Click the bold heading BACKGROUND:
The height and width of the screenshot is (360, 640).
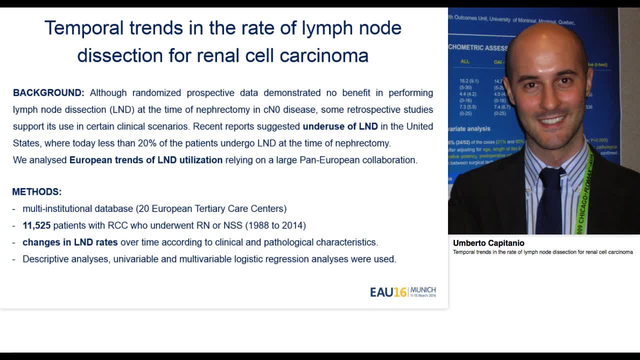click(x=48, y=93)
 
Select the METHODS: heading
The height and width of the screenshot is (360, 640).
click(x=37, y=192)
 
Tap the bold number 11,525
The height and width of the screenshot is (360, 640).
click(x=36, y=225)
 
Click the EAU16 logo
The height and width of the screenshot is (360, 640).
click(x=388, y=292)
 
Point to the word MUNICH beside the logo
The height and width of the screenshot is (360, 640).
click(x=423, y=290)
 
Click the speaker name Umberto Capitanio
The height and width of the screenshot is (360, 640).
click(x=488, y=243)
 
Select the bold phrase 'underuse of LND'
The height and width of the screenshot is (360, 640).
click(x=340, y=126)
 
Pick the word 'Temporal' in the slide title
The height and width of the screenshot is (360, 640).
click(x=84, y=28)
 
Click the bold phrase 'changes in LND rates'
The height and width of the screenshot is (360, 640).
click(x=70, y=242)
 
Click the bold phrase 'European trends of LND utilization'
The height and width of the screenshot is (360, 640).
click(x=146, y=160)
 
